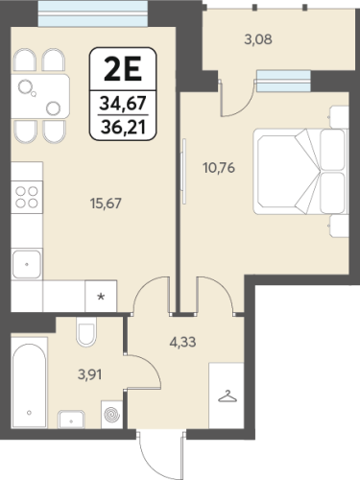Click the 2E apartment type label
(123, 70)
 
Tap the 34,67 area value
(123, 104)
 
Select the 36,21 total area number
(123, 127)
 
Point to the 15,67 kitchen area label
(106, 204)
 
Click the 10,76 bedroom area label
(219, 167)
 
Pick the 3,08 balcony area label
(258, 39)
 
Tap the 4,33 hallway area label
(182, 342)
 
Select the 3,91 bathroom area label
(90, 374)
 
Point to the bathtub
(30, 385)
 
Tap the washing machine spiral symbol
(112, 415)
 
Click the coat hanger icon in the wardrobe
(228, 396)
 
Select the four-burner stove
(27, 197)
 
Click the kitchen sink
(27, 264)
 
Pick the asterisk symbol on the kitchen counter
(101, 297)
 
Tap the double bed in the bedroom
(300, 171)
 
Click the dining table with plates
(40, 97)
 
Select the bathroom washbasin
(71, 419)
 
